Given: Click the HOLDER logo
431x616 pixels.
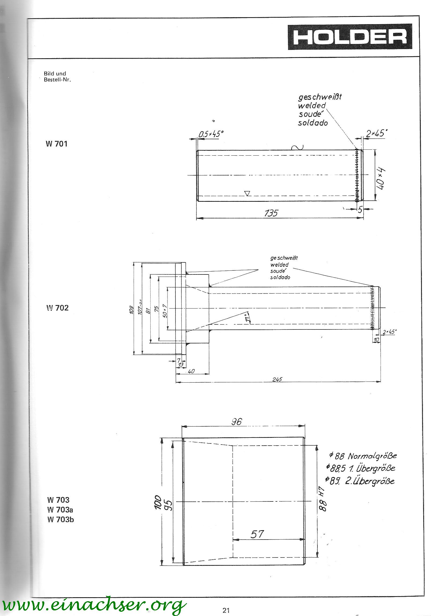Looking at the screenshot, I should click(x=350, y=37).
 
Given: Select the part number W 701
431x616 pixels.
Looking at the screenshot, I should click(x=57, y=144).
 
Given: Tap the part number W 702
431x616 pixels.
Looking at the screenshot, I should click(x=57, y=308).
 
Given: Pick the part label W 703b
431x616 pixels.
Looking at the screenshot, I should click(x=61, y=519).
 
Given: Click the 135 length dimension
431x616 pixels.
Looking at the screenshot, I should click(x=271, y=213).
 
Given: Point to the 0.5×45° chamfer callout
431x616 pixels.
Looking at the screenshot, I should click(x=211, y=134).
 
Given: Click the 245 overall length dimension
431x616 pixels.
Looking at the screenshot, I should click(x=277, y=379).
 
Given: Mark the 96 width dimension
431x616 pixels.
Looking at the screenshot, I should click(x=236, y=421).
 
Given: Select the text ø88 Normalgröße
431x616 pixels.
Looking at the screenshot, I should click(x=363, y=456).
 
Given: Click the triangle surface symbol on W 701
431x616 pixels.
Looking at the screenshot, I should click(x=248, y=193).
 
